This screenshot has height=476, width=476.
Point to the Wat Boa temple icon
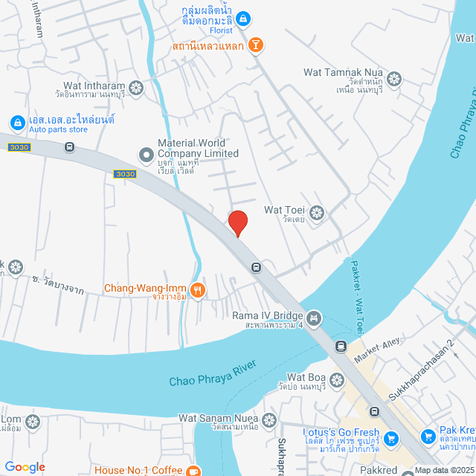coord(337,380)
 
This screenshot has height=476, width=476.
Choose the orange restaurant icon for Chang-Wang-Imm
coord(197,290)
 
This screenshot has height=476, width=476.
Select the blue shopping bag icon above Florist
coord(243,18)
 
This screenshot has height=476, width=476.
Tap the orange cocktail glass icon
coord(256,45)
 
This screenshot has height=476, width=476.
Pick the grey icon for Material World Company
coord(146,154)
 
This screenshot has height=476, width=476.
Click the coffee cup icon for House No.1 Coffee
coord(193,470)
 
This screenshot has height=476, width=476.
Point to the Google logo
coord(25,467)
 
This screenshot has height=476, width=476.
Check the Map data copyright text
coord(444,470)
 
